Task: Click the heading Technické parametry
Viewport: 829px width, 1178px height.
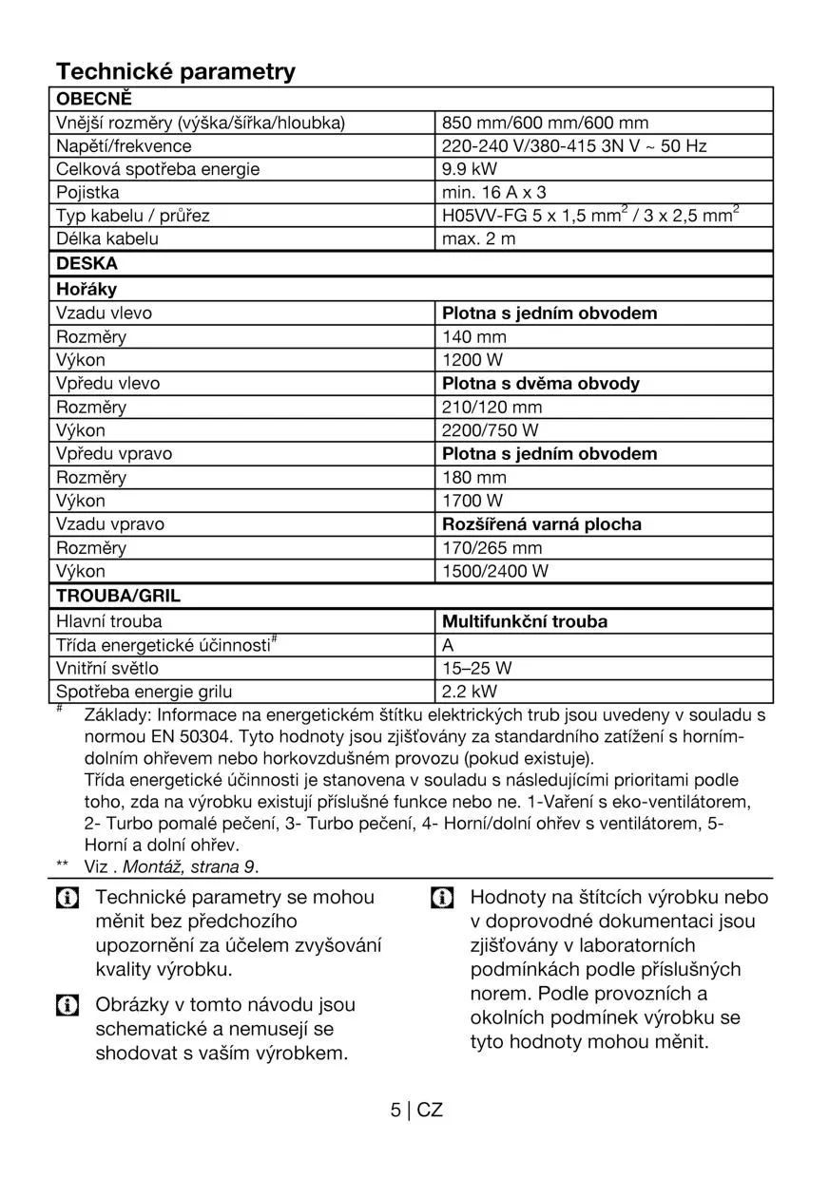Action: click(176, 71)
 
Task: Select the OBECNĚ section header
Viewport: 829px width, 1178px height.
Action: click(93, 99)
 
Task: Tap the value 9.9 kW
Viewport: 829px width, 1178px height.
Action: click(470, 169)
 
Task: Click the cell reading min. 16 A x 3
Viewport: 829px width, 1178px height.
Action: click(494, 193)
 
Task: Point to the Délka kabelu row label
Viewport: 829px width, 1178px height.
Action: click(107, 239)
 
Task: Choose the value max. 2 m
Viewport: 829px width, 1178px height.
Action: click(479, 239)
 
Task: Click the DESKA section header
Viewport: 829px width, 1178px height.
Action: click(87, 263)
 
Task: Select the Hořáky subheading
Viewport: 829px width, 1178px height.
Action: click(87, 289)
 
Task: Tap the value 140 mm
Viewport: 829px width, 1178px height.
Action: click(474, 336)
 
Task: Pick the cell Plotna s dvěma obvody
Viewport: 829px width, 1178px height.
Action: click(541, 384)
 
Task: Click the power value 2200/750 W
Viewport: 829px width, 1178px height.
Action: click(491, 430)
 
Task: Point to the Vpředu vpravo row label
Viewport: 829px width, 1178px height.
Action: click(114, 454)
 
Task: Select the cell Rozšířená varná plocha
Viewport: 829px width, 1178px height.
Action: click(542, 524)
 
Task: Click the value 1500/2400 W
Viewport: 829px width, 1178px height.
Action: click(495, 572)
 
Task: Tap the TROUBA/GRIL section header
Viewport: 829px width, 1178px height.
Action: click(118, 597)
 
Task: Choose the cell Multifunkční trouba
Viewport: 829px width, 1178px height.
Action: click(525, 622)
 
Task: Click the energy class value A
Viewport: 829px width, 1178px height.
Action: click(449, 645)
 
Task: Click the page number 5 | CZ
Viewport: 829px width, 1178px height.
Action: click(416, 1110)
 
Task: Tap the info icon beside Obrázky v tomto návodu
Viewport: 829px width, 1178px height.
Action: click(67, 1005)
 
